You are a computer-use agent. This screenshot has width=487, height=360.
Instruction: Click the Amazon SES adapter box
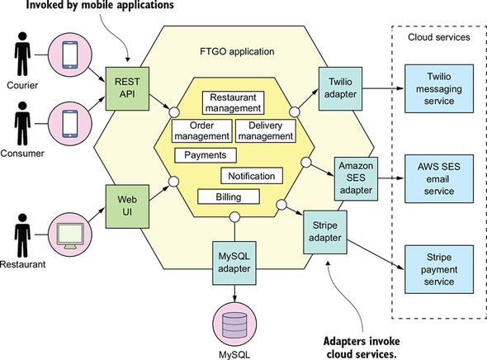[356, 175]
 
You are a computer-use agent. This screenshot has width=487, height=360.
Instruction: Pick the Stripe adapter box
[324, 230]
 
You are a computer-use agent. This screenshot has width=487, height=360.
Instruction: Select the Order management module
[201, 130]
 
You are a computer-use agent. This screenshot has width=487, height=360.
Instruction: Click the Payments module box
[206, 154]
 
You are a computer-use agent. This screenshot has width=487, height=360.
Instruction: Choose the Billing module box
[229, 196]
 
